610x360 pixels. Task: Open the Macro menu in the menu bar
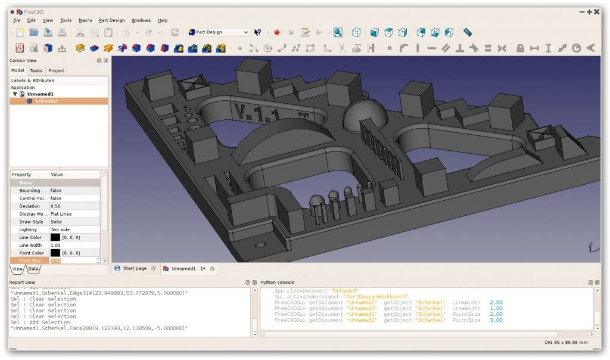(x=85, y=20)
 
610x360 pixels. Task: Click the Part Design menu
(x=111, y=20)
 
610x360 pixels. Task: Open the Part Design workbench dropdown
(x=218, y=32)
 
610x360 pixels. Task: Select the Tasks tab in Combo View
(x=36, y=70)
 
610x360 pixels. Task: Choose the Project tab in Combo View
(x=56, y=70)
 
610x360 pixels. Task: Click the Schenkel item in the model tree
(x=46, y=101)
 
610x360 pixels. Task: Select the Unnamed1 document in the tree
(x=40, y=94)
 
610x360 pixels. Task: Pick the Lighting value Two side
(x=60, y=229)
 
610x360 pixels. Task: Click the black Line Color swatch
(x=55, y=237)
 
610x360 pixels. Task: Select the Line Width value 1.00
(x=55, y=245)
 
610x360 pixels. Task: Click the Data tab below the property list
(x=33, y=269)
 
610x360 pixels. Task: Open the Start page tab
(x=134, y=269)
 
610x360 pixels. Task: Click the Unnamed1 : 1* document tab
(x=188, y=269)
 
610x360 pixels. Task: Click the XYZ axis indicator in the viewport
(x=591, y=247)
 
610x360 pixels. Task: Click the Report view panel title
(x=22, y=282)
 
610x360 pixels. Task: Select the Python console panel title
(x=278, y=282)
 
